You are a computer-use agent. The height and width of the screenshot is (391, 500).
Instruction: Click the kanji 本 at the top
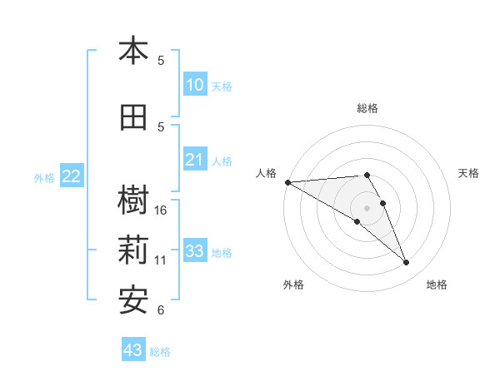[x=133, y=52]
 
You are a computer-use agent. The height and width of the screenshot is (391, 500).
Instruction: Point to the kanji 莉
[x=133, y=251]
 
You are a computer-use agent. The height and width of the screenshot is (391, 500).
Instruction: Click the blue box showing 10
[x=194, y=85]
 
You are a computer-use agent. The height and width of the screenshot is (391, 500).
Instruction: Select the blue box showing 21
[x=194, y=160]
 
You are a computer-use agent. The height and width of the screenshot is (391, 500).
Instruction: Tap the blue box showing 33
[x=194, y=251]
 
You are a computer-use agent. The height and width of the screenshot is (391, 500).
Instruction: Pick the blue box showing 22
[x=71, y=176]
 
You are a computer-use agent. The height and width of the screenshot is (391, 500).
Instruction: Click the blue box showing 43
[x=133, y=350]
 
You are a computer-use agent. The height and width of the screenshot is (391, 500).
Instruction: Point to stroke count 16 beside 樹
[x=161, y=210]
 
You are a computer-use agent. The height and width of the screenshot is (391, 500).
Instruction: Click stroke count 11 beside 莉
[x=161, y=260]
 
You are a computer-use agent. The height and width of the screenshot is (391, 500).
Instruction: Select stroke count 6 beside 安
[x=161, y=310]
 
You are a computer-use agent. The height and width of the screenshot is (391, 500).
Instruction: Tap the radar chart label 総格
[x=367, y=108]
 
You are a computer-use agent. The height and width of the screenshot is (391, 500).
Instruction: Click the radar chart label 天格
[x=469, y=173]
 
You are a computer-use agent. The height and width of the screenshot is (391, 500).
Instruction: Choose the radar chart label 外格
[x=293, y=285]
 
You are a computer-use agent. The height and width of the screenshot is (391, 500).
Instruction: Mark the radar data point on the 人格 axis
[x=287, y=182]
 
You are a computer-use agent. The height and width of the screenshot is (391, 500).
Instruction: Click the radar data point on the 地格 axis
[x=407, y=263]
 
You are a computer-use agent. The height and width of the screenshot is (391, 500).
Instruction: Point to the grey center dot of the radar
[x=367, y=208]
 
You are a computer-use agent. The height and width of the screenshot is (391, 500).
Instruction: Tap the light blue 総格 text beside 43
[x=160, y=352]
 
